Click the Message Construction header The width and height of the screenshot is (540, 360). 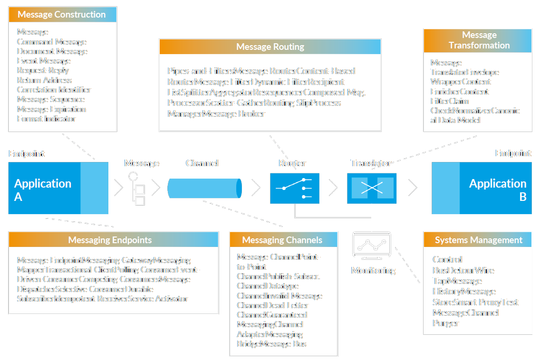[62, 14]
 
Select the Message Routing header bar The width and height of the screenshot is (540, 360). [270, 47]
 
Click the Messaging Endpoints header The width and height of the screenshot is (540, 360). [113, 240]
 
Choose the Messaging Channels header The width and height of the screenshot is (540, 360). [284, 240]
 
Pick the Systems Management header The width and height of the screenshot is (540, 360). [478, 240]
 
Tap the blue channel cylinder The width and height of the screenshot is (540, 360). [204, 188]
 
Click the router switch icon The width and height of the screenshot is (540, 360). [295, 188]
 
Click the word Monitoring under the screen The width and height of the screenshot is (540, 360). [373, 270]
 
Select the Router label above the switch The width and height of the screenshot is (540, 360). [292, 163]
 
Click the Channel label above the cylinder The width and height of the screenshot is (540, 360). [202, 163]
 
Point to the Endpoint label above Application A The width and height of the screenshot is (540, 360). [27, 154]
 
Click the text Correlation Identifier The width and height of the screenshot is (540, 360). [54, 90]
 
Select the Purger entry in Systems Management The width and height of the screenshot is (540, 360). [445, 323]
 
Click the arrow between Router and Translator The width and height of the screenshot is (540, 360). [333, 188]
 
